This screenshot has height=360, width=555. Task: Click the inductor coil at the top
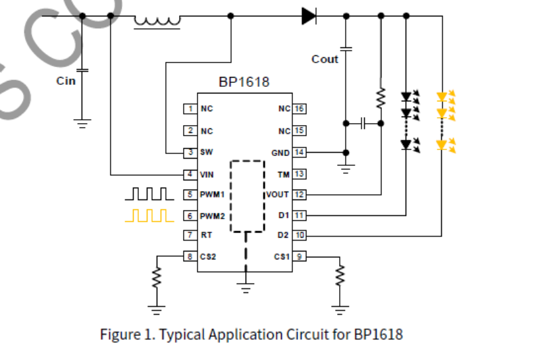click(157, 21)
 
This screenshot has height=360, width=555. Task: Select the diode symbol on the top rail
click(309, 15)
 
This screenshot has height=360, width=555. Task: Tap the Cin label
click(66, 81)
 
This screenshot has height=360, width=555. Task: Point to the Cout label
click(325, 59)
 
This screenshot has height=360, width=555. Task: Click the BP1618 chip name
click(244, 83)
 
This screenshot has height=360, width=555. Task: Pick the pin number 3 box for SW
click(190, 152)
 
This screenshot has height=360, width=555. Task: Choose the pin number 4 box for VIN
click(190, 174)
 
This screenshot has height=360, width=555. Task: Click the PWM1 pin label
click(212, 195)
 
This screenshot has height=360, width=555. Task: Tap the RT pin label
click(206, 235)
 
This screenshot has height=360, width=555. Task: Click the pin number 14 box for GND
click(299, 153)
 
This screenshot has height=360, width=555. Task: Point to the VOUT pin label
click(277, 195)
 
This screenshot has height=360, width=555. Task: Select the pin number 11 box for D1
click(299, 215)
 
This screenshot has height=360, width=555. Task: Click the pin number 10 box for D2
click(299, 235)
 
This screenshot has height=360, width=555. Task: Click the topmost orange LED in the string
click(442, 97)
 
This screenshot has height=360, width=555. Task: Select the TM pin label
click(283, 174)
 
